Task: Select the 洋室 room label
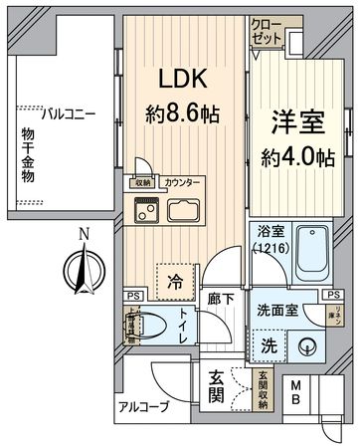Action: (292, 123)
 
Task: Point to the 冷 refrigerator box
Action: (175, 280)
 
